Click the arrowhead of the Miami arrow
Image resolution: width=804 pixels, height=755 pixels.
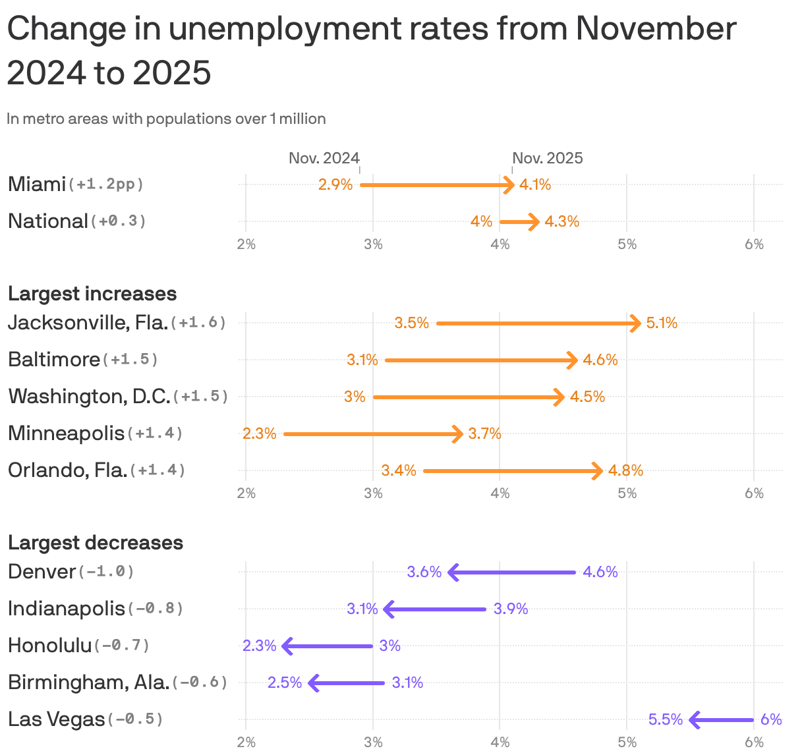click(510, 185)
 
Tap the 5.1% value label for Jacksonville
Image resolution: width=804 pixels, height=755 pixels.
click(662, 323)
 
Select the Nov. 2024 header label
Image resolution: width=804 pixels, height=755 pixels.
click(324, 158)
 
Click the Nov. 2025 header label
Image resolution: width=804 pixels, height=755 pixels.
click(548, 158)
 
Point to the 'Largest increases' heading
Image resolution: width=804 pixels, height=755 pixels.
click(92, 293)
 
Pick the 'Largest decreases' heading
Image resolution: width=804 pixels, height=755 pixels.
click(96, 542)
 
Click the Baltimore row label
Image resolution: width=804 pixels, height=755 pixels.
click(54, 359)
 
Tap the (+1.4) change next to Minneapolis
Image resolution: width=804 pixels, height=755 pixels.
click(155, 433)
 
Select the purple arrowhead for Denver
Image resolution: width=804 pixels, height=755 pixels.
click(453, 572)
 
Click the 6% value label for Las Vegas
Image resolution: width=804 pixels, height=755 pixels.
click(771, 719)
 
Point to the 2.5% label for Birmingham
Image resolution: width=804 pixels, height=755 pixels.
click(285, 683)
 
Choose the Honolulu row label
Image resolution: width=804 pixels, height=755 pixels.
click(50, 645)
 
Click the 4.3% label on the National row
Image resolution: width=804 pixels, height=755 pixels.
click(562, 221)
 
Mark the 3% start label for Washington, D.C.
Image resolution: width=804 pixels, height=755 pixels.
click(355, 397)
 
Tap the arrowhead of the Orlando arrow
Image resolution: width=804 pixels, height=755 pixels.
click(598, 470)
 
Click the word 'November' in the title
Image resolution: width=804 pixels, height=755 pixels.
click(656, 30)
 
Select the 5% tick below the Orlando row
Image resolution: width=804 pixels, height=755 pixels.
click(627, 493)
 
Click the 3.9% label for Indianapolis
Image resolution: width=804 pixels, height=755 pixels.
click(511, 609)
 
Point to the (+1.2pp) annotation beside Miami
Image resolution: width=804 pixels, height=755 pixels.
click(105, 184)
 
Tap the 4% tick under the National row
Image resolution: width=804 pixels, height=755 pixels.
click(500, 244)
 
